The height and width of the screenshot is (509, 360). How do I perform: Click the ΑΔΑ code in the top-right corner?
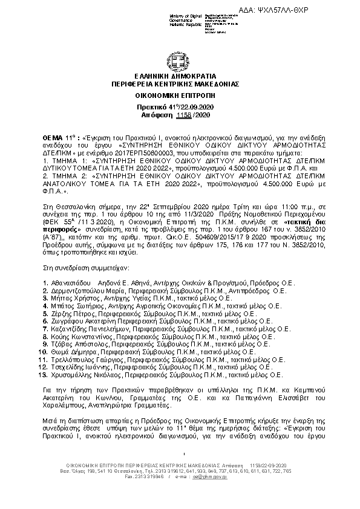tap(313, 12)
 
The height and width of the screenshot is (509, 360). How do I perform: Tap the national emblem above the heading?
tap(180, 63)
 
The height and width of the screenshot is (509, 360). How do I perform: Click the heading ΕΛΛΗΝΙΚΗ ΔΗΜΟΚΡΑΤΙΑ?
tap(180, 76)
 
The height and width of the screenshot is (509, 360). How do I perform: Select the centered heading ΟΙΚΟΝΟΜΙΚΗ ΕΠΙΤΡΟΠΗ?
tap(180, 95)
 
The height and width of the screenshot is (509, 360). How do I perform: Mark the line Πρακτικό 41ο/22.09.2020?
tap(180, 106)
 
